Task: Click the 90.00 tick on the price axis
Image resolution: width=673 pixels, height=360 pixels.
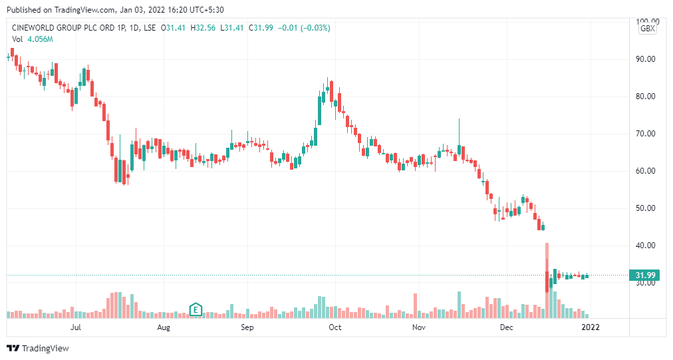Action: [x=646, y=59]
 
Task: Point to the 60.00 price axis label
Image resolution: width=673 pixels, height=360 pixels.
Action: [x=646, y=171]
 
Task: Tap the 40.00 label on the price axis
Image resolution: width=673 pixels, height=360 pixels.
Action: [x=646, y=246]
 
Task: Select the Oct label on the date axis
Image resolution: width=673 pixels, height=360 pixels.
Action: [x=335, y=327]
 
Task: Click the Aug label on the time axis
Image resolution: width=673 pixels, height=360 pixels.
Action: [x=164, y=327]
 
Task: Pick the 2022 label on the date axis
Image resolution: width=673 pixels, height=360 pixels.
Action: [x=591, y=327]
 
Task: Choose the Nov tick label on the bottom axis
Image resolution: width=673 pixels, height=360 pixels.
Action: [x=418, y=327]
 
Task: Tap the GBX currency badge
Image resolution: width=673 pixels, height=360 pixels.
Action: [x=647, y=29]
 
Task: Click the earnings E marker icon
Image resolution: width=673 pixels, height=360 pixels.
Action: [x=196, y=309]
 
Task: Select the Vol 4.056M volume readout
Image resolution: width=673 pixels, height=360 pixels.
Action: [x=32, y=40]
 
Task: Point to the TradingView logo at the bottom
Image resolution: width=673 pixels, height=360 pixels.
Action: [x=38, y=348]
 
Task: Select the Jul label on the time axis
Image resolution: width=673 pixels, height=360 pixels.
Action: [x=76, y=327]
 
